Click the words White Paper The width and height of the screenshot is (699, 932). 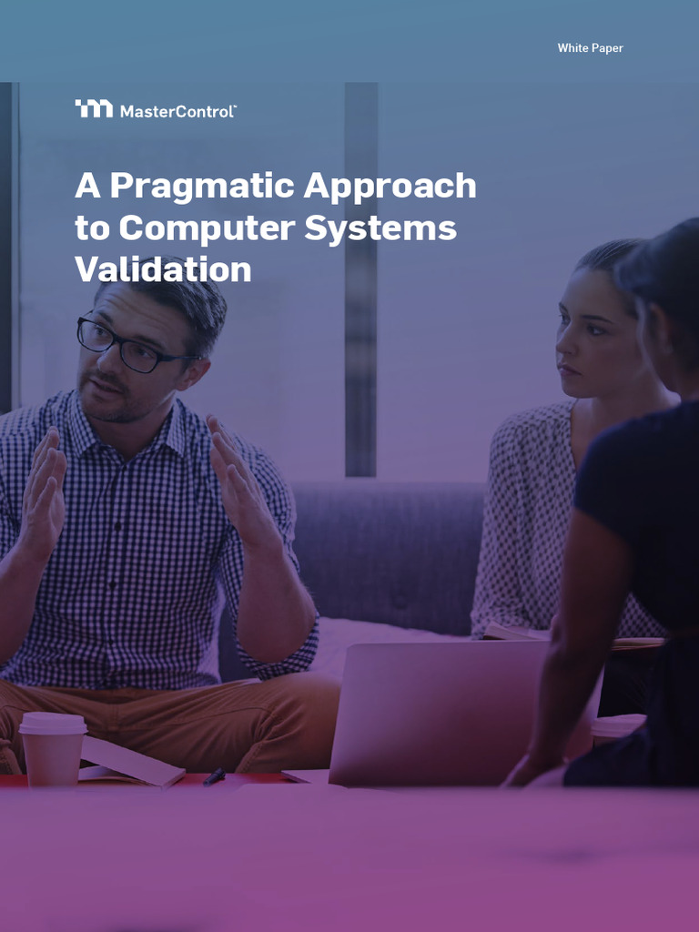click(x=590, y=47)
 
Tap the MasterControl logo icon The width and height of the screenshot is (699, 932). click(x=94, y=109)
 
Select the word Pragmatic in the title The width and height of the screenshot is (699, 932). click(x=201, y=186)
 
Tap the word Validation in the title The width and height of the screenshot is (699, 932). click(x=163, y=269)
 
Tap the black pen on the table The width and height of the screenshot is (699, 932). click(x=214, y=776)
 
